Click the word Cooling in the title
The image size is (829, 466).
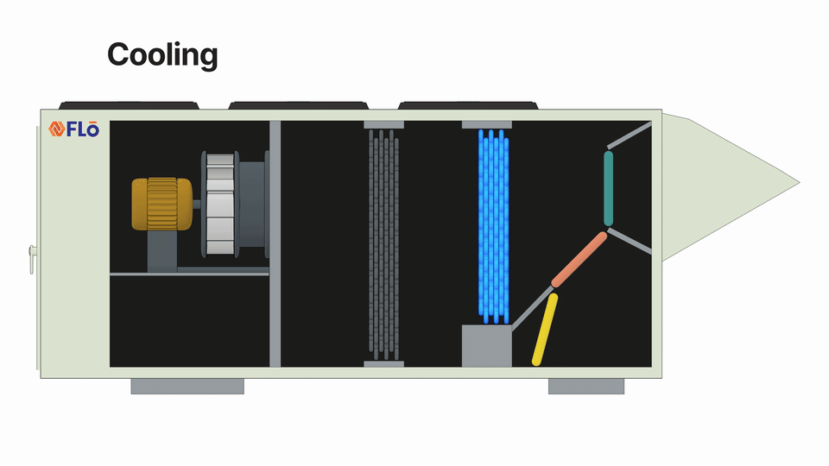click(x=162, y=55)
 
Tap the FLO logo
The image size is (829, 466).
click(x=74, y=129)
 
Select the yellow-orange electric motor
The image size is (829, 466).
click(x=161, y=204)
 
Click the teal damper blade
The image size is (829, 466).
click(x=608, y=189)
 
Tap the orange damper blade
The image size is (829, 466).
click(x=579, y=259)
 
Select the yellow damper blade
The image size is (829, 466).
click(x=545, y=329)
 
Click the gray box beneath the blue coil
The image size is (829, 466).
click(x=486, y=345)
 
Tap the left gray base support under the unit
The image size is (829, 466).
click(x=187, y=386)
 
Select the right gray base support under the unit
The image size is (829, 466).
click(x=585, y=386)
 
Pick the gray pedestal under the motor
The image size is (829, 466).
click(x=161, y=252)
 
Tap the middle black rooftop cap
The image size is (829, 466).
click(x=298, y=105)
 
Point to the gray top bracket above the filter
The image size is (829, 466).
click(x=384, y=125)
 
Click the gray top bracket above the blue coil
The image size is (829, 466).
click(x=486, y=125)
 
